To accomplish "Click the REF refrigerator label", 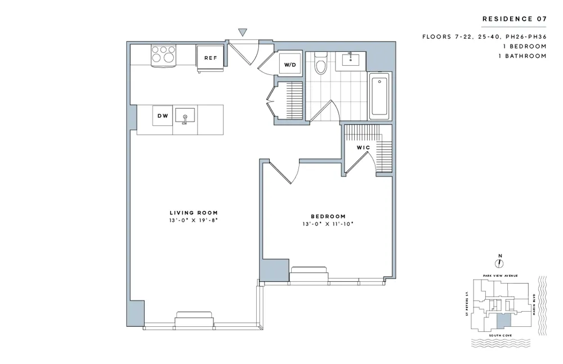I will click(211, 57).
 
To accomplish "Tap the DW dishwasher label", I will click(163, 116).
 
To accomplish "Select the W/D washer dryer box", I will click(289, 65).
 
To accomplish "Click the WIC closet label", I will click(363, 147).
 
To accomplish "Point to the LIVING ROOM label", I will click(190, 213).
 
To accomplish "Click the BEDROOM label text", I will click(328, 216).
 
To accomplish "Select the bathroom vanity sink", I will click(351, 59).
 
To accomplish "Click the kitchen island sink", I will click(185, 116).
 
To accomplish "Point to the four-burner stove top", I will click(164, 55).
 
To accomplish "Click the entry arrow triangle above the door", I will click(243, 33).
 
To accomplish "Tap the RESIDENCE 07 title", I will click(514, 19).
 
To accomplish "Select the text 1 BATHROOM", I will click(522, 56).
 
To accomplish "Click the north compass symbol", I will click(499, 262).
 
